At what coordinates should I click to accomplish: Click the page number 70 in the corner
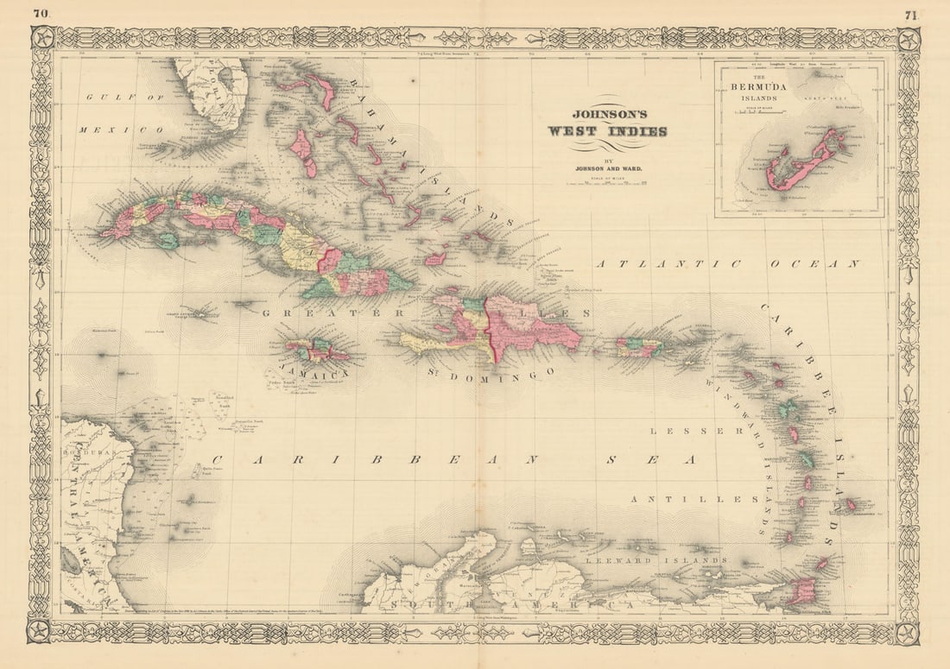[40, 13]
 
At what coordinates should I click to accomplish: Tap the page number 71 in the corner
[911, 14]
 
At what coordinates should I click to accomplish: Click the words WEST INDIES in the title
[607, 131]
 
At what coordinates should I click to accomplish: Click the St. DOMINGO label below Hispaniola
[490, 372]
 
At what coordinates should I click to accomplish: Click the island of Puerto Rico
[640, 347]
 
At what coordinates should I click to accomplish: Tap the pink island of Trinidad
[802, 591]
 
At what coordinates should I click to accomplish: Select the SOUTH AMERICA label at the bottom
[510, 608]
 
